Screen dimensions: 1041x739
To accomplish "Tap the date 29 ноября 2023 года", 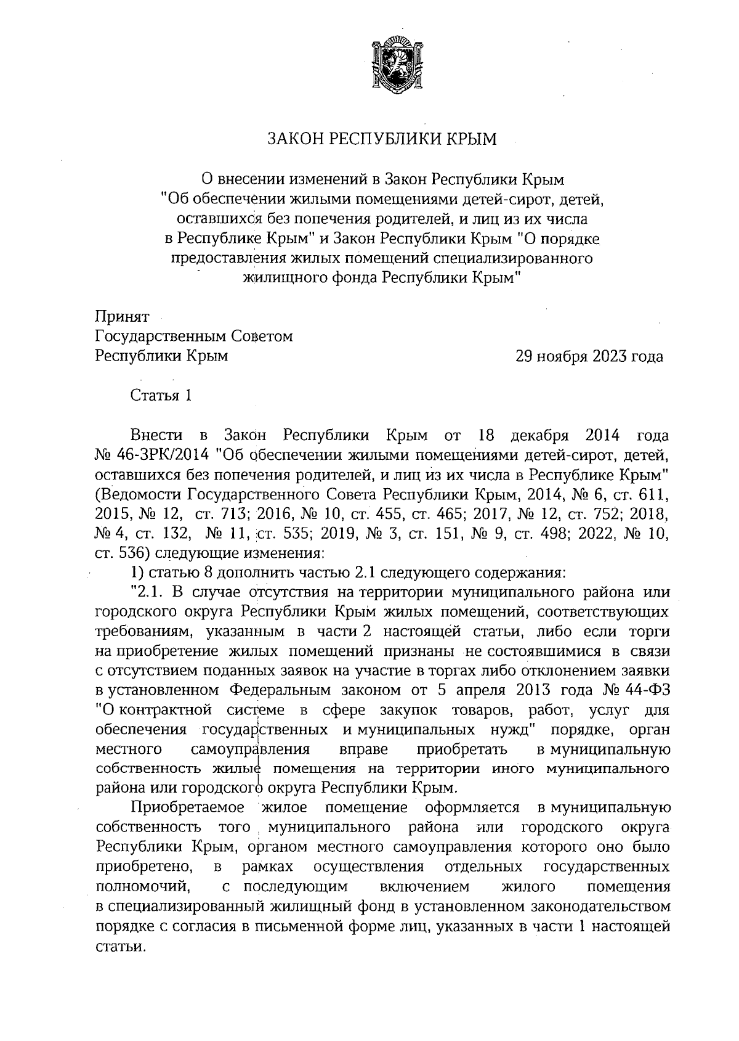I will (x=589, y=357).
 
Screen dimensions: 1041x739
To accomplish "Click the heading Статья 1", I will (x=161, y=396).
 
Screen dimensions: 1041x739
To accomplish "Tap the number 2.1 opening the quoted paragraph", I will (x=148, y=593).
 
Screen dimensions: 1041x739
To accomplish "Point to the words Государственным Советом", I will (x=194, y=337).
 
